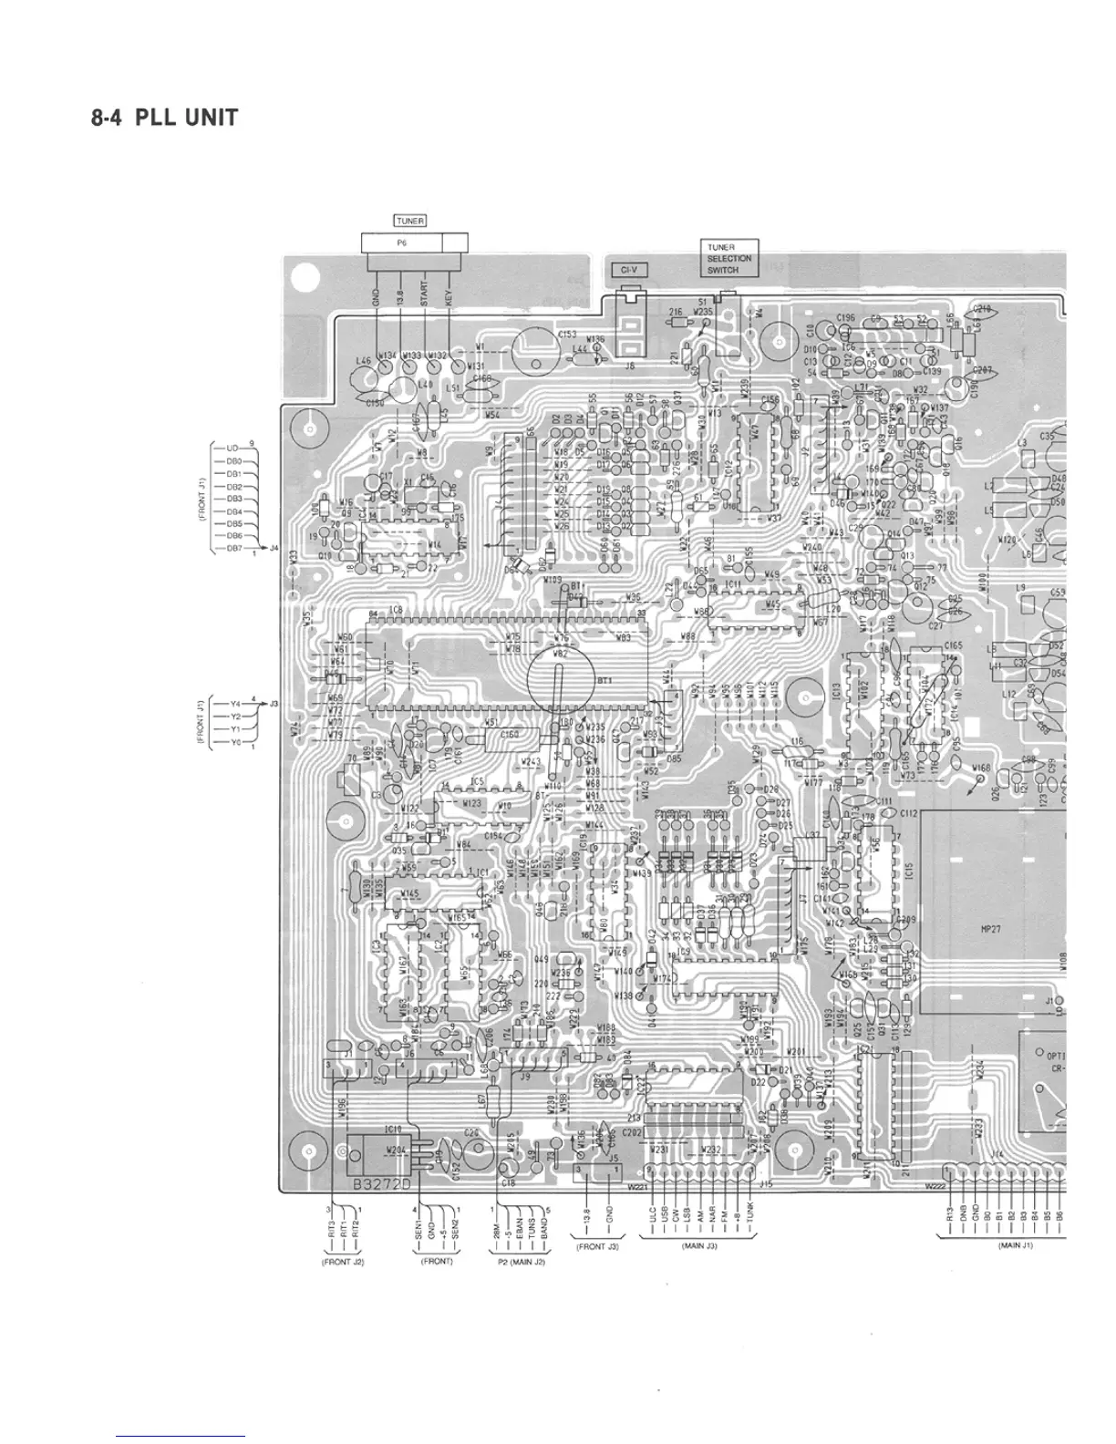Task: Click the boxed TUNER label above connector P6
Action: [410, 221]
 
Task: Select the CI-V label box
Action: [629, 270]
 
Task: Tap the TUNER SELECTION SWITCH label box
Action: [728, 258]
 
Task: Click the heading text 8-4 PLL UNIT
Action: [165, 118]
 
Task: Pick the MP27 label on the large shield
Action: [992, 929]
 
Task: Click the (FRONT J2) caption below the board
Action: [342, 1263]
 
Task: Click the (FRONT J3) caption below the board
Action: [597, 1246]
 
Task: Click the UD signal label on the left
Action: [232, 449]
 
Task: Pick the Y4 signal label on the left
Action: [234, 704]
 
